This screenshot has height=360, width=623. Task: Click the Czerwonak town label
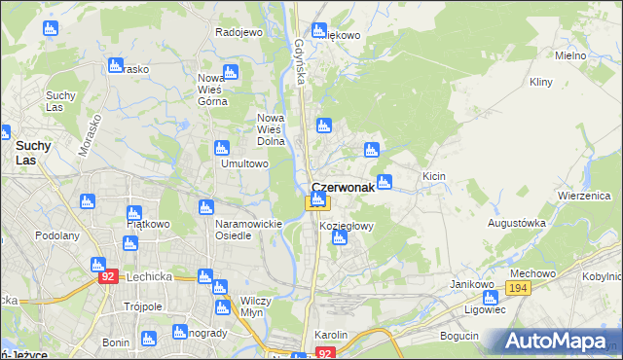343,188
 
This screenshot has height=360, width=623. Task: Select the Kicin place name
433,176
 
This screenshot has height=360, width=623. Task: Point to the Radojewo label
239,32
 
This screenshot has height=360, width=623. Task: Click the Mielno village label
570,55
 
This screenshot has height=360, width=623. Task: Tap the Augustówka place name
516,223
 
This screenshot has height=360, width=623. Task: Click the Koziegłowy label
347,226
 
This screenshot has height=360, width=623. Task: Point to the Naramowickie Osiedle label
248,230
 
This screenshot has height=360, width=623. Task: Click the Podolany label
56,235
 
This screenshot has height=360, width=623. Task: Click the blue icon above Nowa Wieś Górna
230,72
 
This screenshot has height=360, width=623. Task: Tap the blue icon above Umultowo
221,148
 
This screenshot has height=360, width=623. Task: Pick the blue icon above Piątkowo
134,212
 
